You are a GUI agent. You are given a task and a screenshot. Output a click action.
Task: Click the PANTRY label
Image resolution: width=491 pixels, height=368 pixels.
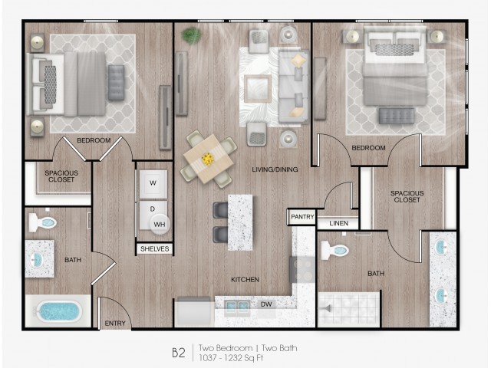[302, 216]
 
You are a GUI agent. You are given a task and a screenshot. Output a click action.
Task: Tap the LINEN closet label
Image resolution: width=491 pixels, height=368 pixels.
[338, 223]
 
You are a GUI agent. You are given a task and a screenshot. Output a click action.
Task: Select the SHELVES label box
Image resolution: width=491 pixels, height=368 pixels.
[155, 248]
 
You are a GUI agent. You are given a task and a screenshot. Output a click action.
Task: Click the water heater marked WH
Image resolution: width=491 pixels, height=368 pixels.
[160, 224]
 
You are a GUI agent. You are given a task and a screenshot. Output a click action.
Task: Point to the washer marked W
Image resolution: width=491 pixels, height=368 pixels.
[153, 184]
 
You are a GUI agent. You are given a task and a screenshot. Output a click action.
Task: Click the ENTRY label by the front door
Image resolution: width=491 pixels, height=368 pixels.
[115, 324]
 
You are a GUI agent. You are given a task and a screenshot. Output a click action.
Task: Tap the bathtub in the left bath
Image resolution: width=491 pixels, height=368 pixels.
[58, 312]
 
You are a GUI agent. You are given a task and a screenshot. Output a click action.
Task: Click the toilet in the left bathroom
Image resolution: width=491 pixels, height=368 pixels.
[42, 222]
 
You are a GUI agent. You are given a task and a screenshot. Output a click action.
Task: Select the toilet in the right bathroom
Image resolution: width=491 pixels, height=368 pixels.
[334, 250]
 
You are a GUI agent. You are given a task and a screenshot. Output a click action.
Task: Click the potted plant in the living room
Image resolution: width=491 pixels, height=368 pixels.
[191, 35]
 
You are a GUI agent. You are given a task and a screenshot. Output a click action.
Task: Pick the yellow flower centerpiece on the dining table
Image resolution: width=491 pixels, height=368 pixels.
[207, 159]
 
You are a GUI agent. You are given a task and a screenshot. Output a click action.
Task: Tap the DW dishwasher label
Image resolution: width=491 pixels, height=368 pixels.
[266, 304]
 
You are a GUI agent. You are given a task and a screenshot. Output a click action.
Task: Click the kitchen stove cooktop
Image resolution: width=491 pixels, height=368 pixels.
[302, 269]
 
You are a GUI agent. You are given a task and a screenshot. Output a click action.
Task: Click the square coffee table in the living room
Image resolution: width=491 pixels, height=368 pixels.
[258, 89]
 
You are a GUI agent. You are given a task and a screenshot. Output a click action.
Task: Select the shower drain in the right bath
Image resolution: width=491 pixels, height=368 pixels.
[327, 309]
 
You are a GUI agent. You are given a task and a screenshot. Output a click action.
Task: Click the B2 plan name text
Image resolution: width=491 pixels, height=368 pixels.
[179, 353]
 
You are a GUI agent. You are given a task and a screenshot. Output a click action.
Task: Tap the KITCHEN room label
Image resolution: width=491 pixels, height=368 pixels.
[245, 279]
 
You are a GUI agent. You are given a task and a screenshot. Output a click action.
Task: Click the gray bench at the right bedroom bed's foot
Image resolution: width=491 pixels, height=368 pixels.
[397, 116]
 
